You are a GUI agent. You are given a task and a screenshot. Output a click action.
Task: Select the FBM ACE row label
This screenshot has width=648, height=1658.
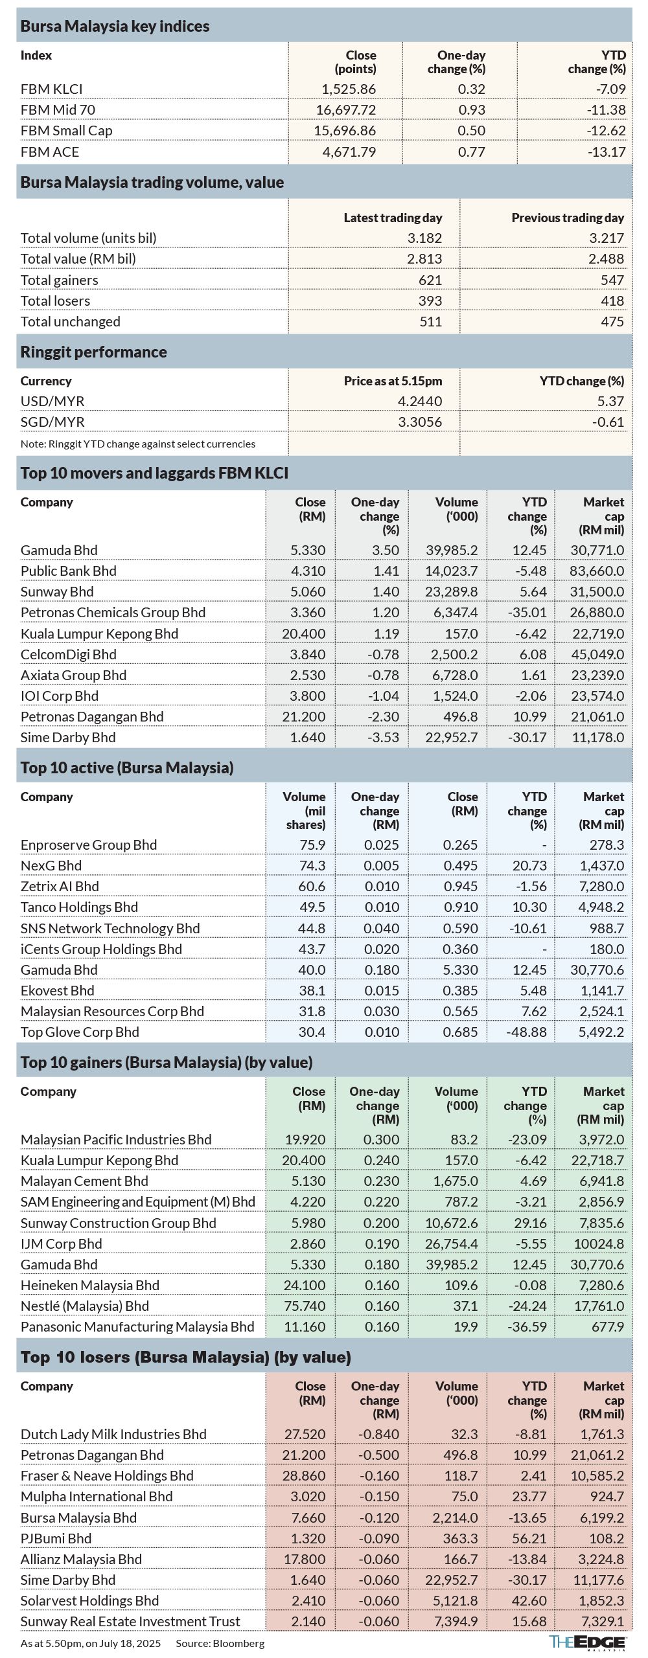[x=50, y=152]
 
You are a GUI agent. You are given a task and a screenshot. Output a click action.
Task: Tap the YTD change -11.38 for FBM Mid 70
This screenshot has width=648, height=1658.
[x=607, y=110]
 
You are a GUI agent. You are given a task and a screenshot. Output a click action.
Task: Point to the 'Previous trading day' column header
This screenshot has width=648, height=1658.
[x=568, y=218]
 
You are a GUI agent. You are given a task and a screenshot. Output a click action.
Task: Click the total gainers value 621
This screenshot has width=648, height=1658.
[x=430, y=280]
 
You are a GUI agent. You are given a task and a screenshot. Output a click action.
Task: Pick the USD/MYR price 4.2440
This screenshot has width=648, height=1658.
[x=420, y=402]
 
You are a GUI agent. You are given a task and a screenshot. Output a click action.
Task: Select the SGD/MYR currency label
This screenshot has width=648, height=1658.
[x=52, y=422]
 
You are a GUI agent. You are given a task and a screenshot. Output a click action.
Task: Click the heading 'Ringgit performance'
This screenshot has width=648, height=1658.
[x=94, y=352]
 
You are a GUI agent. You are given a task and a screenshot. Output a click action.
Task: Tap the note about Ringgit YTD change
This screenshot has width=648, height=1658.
[x=138, y=444]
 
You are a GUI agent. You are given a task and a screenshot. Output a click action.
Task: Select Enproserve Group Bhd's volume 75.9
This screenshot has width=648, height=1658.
[x=312, y=845]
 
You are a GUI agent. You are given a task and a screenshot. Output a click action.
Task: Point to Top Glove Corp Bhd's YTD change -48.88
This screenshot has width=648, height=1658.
[x=527, y=1032]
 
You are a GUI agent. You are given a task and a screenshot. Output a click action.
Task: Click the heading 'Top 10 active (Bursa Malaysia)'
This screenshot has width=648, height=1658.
[x=127, y=768]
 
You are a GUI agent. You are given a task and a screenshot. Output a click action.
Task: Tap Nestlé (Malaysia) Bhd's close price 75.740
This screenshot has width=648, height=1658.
[x=305, y=1306]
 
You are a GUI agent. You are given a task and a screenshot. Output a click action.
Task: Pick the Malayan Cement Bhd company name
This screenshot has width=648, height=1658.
[x=84, y=1181]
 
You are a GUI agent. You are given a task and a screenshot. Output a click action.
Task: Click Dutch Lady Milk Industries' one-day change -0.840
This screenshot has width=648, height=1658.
[x=379, y=1435]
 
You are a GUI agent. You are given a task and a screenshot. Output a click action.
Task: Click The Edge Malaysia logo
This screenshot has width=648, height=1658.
[x=588, y=1643]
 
